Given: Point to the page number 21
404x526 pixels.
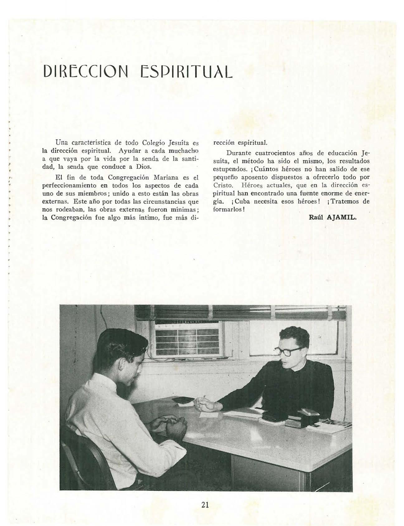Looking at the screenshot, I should [x=205, y=505].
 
